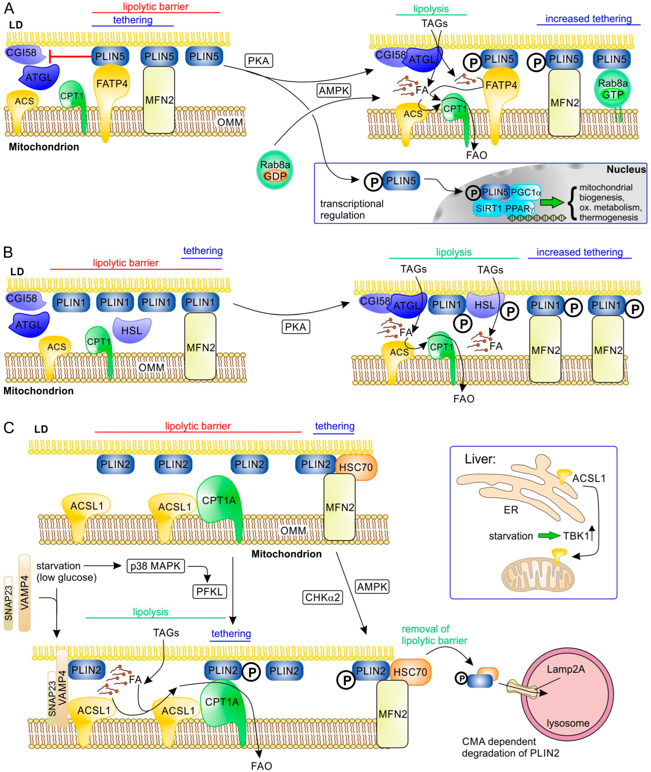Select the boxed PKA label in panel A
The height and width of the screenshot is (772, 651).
[x=258, y=61]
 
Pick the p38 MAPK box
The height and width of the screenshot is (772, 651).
[x=155, y=566]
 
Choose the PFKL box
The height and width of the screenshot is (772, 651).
[x=209, y=591]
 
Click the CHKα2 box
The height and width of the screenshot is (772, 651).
[x=323, y=597]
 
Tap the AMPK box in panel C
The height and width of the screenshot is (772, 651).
[x=372, y=586]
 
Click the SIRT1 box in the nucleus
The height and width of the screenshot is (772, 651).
[x=488, y=208]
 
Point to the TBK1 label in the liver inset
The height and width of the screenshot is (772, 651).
[x=576, y=536]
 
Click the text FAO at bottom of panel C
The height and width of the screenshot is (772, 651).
[x=261, y=766]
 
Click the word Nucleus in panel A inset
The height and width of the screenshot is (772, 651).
[x=626, y=169]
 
